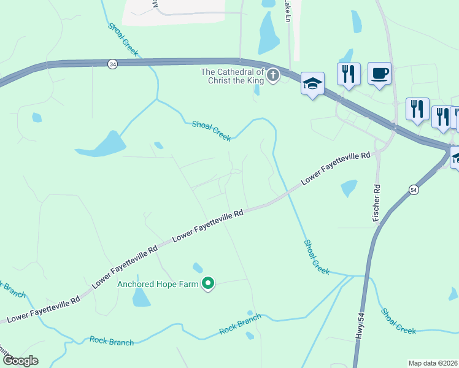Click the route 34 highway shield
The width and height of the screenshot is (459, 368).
[x=112, y=63]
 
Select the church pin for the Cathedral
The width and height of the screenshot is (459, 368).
[x=272, y=76]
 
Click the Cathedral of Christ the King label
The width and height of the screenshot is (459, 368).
[x=233, y=76]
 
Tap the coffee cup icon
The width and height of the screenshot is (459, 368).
[x=379, y=74]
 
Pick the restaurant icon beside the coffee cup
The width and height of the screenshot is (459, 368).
[x=349, y=74]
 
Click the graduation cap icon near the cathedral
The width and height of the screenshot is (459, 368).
[x=312, y=83]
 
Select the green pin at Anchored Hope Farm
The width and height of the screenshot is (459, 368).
[x=208, y=283]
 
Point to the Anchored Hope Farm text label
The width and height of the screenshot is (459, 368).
[x=158, y=284]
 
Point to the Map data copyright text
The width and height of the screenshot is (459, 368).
[x=433, y=362]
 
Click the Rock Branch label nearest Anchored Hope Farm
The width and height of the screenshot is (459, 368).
[x=241, y=324]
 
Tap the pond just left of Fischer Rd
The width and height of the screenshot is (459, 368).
[x=349, y=188]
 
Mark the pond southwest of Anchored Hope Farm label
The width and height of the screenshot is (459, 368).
[x=141, y=298]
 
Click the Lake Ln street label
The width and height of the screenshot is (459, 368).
[x=287, y=12]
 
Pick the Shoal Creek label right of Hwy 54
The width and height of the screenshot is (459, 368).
[x=398, y=321]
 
